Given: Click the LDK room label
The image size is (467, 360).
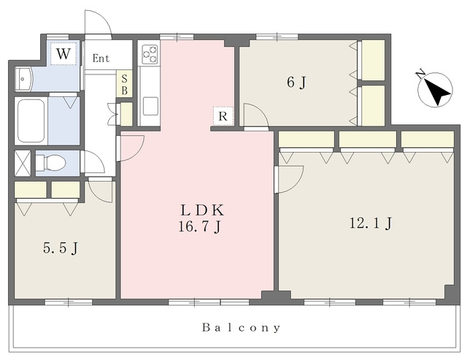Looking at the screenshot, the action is coord(202,210).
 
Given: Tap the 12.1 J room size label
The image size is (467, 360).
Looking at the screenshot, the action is coord(370,223).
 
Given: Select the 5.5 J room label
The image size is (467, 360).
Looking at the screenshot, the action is coord(61,248).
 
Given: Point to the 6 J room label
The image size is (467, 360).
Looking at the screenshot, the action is coord(296,83).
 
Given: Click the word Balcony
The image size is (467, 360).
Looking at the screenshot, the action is coord(242,328).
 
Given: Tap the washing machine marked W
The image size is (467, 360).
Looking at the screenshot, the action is coord(63,53).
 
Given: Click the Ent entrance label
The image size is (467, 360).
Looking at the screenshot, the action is coord(101,58).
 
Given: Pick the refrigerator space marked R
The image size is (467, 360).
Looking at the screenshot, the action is coord(223,115).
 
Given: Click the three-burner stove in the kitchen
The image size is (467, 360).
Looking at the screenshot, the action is coord(149,54).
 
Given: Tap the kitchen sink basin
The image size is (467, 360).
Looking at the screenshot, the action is coord(150,106).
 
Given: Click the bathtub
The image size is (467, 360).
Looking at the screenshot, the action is coord(31,121).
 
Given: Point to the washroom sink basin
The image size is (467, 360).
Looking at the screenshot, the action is coord(24,79).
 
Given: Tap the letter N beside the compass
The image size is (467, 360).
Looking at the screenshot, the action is coord(420,74).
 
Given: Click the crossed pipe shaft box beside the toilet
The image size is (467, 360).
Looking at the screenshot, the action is coord(23,163).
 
